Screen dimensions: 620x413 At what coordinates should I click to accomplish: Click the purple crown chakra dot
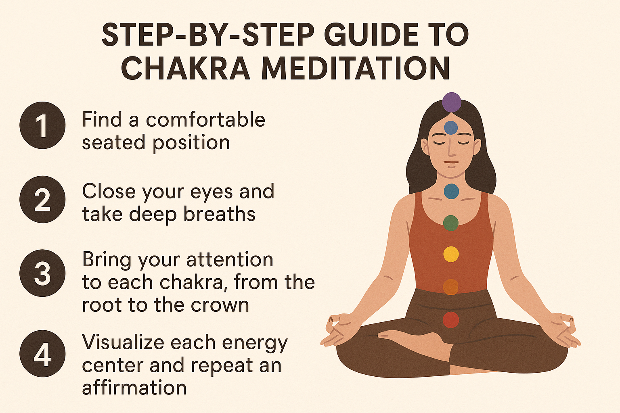coord(451,102)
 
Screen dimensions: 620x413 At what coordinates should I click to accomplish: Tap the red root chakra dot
coord(451,320)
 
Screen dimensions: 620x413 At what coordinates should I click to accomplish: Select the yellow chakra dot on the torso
coord(451,254)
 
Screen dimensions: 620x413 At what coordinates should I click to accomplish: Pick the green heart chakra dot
coord(451,223)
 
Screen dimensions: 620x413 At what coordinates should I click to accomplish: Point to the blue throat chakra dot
coord(451,192)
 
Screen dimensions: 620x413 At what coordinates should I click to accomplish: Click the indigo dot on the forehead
coord(451,128)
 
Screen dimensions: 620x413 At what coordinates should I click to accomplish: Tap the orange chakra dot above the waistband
coord(450,287)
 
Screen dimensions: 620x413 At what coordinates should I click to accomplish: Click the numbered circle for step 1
coord(42,125)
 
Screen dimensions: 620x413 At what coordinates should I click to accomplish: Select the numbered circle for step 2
coord(42,200)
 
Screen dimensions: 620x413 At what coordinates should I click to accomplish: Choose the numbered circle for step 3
coord(42,273)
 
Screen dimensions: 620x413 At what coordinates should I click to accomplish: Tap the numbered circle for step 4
coord(42,354)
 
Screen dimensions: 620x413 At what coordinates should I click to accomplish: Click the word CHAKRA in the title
coord(185,68)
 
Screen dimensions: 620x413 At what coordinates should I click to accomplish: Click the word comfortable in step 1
coord(205,119)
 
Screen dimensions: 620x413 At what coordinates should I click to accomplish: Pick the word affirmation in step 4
coord(134,387)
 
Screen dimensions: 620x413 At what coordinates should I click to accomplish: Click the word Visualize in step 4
coord(124,342)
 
